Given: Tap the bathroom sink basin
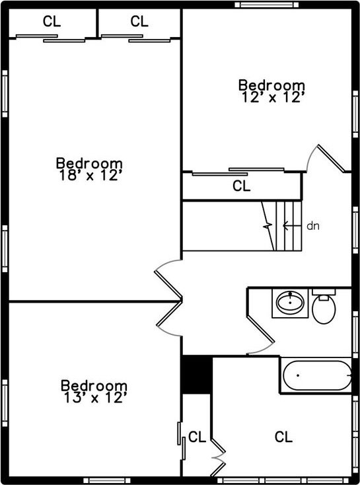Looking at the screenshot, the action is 290,302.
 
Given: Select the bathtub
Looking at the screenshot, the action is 317,375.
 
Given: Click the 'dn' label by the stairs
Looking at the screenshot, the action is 312,226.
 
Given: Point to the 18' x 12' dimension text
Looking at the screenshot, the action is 89,175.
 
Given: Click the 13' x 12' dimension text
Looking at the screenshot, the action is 94,398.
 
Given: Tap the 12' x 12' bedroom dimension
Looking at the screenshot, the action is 271,97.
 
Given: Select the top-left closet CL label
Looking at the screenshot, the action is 52,21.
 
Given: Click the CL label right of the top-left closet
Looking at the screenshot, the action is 139,21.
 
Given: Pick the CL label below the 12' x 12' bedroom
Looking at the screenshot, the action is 241,186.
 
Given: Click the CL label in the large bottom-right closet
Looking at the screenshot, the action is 283,437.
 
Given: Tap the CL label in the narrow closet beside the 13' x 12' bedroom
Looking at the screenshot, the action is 197,437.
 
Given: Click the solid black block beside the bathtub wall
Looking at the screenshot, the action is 196,375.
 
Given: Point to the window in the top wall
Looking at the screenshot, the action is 267,5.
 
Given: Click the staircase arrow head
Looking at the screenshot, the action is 285,226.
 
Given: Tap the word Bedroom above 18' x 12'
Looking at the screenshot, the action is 89,163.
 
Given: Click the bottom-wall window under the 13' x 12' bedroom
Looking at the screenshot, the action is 107,480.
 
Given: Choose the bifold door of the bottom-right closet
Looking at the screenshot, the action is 219,457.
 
